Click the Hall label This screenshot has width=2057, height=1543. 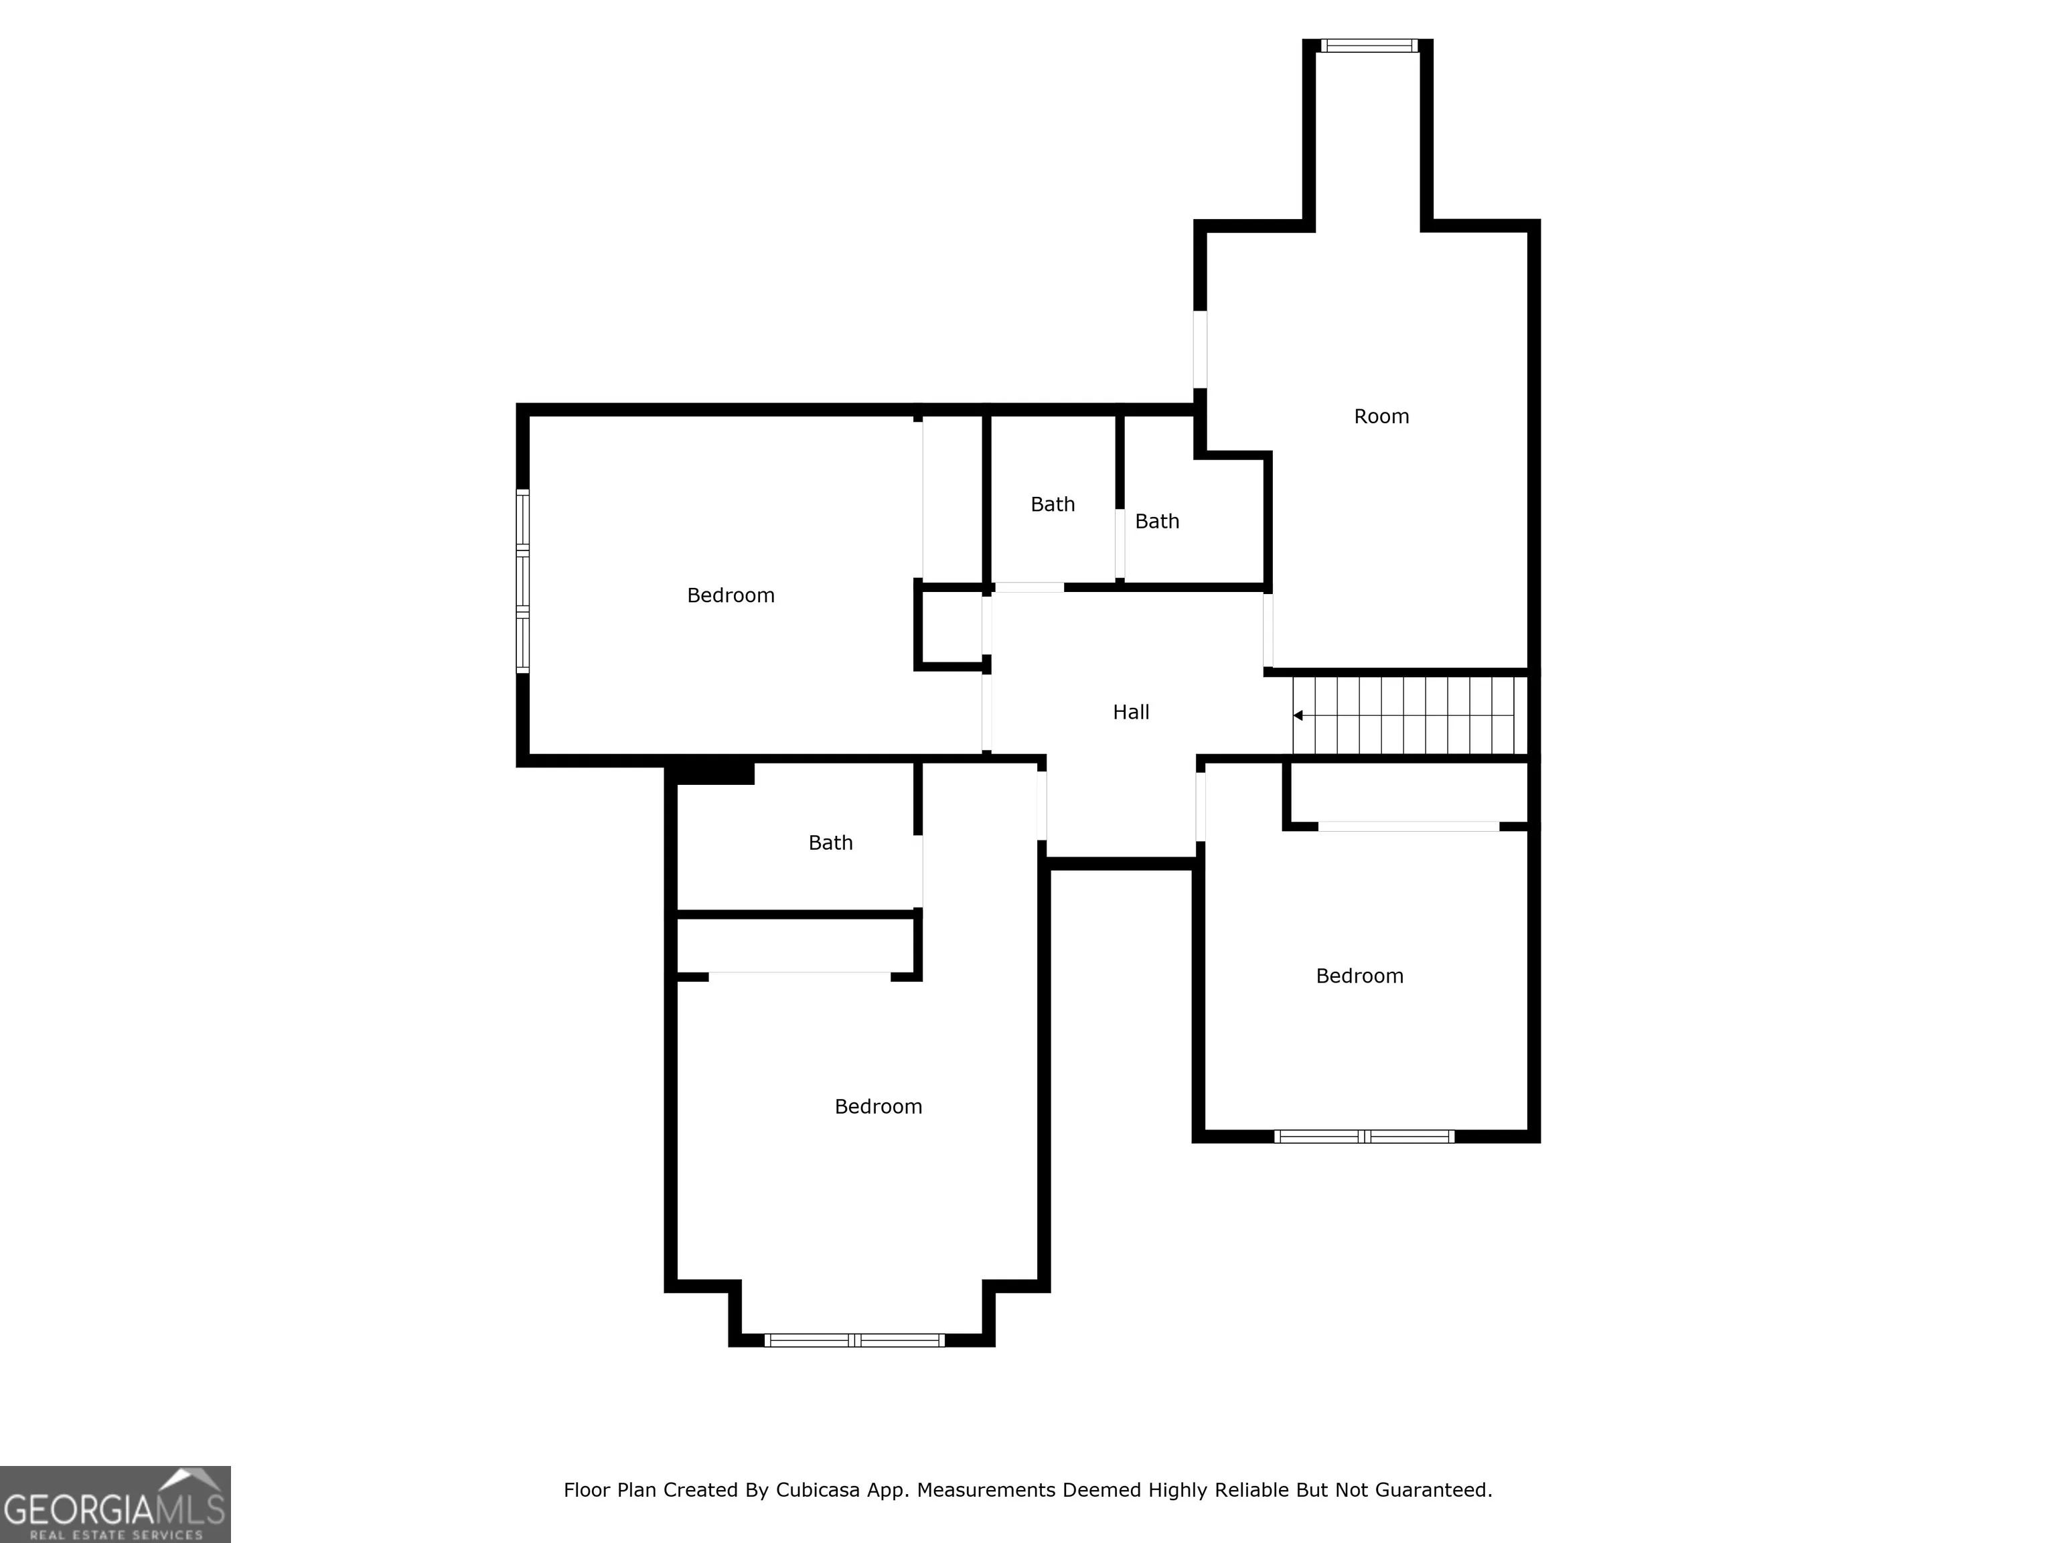pyautogui.click(x=1131, y=713)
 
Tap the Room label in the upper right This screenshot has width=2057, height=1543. pyautogui.click(x=1381, y=417)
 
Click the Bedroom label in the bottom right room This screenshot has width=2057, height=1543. pyautogui.click(x=1359, y=976)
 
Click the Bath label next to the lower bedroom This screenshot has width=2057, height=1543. pyautogui.click(x=830, y=842)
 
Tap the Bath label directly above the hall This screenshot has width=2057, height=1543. pyautogui.click(x=1053, y=504)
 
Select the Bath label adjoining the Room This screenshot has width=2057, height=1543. pyautogui.click(x=1157, y=522)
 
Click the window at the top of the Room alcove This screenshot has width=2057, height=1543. pyautogui.click(x=1369, y=46)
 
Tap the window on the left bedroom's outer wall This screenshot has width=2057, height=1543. pyautogui.click(x=522, y=581)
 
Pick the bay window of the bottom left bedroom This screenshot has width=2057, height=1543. pyautogui.click(x=854, y=1340)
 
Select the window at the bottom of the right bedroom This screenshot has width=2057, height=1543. pyautogui.click(x=1363, y=1136)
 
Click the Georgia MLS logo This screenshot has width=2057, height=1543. pyautogui.click(x=115, y=1504)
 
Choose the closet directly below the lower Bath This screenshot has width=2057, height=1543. pyautogui.click(x=795, y=946)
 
